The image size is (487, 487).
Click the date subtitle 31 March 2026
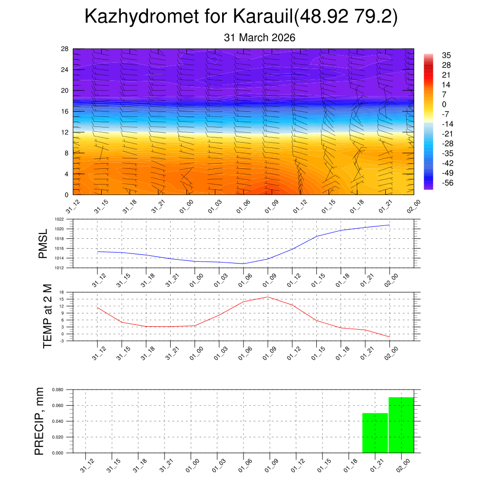260,38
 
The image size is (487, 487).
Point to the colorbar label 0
444,104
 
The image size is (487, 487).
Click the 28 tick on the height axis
65,49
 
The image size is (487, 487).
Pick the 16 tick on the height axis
65,111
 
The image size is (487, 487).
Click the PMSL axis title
43,243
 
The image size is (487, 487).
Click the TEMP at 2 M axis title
47,316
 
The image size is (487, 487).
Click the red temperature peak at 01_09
268,297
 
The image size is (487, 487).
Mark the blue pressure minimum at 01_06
243,263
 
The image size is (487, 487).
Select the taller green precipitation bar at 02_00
401,425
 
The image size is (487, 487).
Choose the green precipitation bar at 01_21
375,433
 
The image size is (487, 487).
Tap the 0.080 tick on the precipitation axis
58,390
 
